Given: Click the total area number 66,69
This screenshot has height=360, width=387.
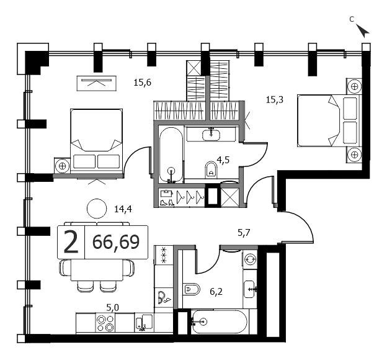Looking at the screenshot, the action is point(116,242).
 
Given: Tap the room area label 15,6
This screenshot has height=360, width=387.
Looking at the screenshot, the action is point(143,83).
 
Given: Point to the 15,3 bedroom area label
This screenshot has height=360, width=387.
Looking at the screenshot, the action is point(275,100).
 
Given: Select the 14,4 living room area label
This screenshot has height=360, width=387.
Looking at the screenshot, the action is point(123,209).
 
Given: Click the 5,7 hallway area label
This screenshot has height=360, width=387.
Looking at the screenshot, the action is point(244,233).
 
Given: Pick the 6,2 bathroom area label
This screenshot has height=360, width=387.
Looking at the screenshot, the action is point(216,292).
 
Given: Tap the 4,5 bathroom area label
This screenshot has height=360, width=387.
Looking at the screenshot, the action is point(223,160).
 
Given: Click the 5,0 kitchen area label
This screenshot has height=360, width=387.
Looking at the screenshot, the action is point(112,308).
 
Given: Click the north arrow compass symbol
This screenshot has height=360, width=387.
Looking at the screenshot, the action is point(363,30).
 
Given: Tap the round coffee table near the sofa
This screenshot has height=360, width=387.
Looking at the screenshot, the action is point(97,209).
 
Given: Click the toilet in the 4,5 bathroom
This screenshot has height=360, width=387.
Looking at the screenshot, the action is point(211,169).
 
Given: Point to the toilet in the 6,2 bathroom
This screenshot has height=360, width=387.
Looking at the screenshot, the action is point(192,289).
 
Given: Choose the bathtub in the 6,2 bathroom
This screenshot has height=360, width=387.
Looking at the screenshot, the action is point(219,322).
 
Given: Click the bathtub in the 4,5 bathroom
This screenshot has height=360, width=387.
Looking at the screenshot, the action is point(171,155).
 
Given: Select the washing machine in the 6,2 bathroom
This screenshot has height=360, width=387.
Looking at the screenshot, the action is point(250,259).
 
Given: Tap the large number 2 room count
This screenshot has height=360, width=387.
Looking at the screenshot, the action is point(71,242).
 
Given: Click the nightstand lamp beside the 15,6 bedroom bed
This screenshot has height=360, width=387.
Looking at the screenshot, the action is point(62,166).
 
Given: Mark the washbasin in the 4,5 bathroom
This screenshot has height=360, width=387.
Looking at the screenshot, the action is point(211,135).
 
